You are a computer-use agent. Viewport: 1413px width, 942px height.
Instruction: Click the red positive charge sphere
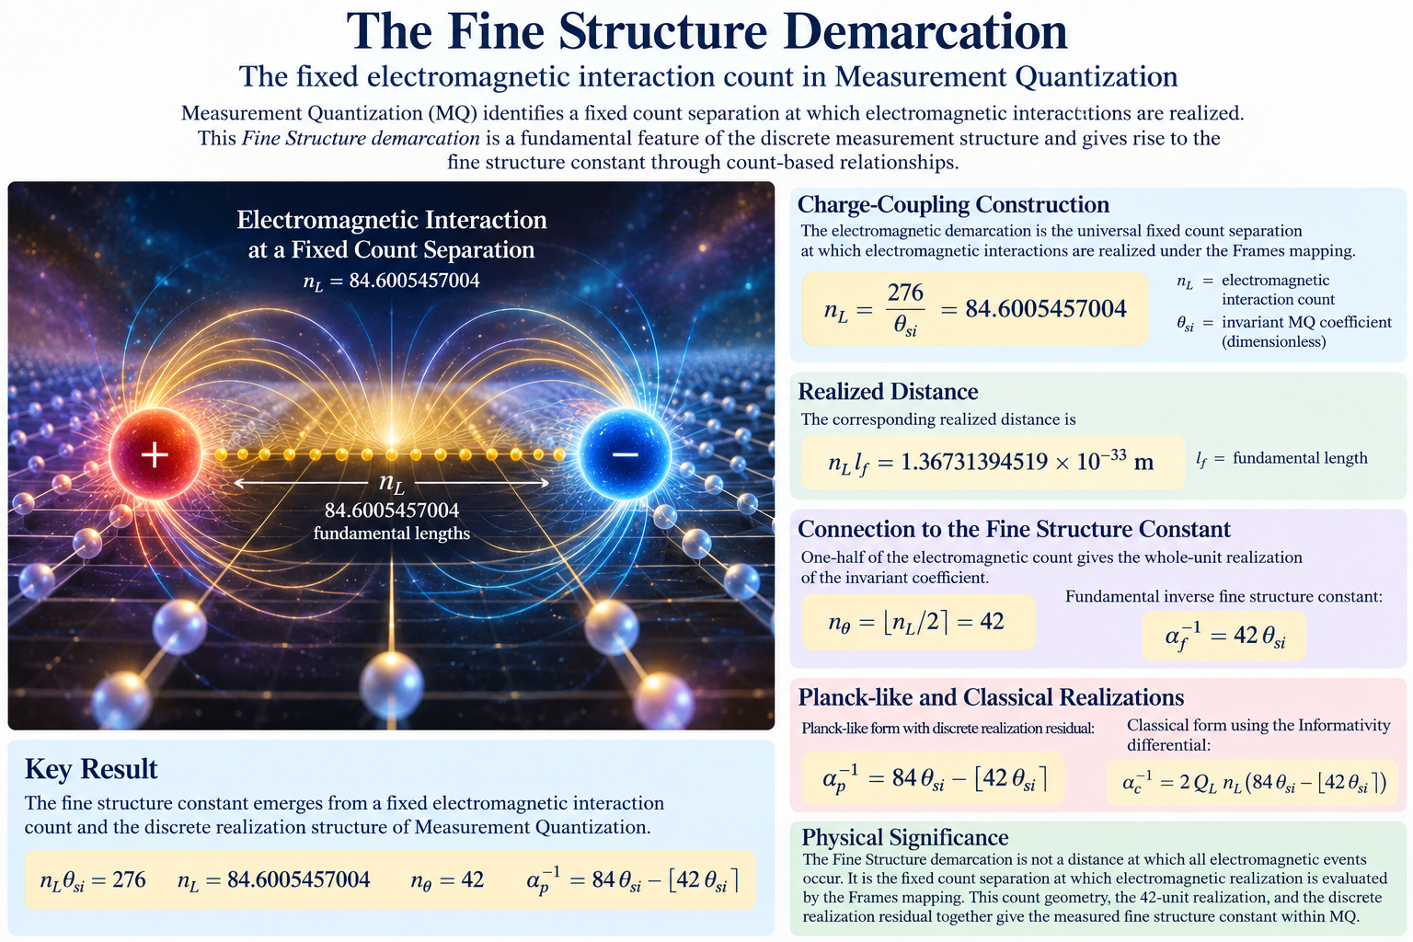click(155, 454)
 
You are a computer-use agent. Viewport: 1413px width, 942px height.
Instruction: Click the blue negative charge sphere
click(625, 454)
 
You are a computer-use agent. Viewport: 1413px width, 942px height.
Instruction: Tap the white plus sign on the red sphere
click(155, 454)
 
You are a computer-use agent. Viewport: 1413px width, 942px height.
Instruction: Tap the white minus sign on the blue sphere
click(625, 454)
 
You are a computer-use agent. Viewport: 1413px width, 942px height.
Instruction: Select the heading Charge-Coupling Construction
click(953, 204)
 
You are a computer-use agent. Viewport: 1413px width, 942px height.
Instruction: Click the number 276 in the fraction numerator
click(905, 293)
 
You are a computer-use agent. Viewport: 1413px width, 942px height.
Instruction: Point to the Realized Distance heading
click(888, 391)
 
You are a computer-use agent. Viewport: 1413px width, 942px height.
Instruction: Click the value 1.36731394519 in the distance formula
click(973, 462)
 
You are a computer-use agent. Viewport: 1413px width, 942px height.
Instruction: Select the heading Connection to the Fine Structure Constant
click(1014, 529)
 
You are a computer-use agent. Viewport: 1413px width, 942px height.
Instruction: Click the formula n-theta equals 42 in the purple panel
click(916, 622)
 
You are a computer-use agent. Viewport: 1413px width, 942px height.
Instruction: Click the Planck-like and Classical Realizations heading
click(991, 697)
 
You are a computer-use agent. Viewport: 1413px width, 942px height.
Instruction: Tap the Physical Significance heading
click(904, 837)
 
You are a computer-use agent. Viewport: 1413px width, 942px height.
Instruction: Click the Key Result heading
click(91, 769)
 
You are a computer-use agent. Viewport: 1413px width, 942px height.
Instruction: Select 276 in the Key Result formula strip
click(129, 879)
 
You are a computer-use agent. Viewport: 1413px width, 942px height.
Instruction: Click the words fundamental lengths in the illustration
click(392, 534)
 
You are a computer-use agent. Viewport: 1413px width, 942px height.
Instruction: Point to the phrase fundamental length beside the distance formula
click(1300, 457)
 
